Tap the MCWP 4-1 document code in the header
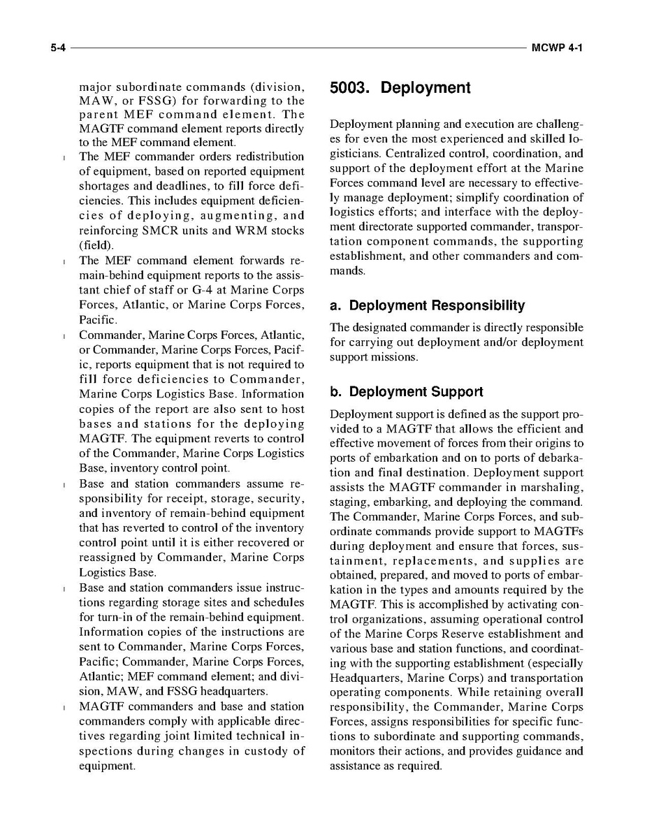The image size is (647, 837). click(x=557, y=48)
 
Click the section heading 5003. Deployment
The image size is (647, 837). click(x=400, y=88)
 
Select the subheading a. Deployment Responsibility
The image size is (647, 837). click(x=427, y=305)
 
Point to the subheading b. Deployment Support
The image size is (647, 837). click(x=406, y=391)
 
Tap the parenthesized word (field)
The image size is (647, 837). click(x=96, y=245)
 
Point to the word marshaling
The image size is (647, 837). click(x=550, y=488)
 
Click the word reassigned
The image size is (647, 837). click(x=116, y=558)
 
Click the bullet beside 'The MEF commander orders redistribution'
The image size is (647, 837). click(x=64, y=157)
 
